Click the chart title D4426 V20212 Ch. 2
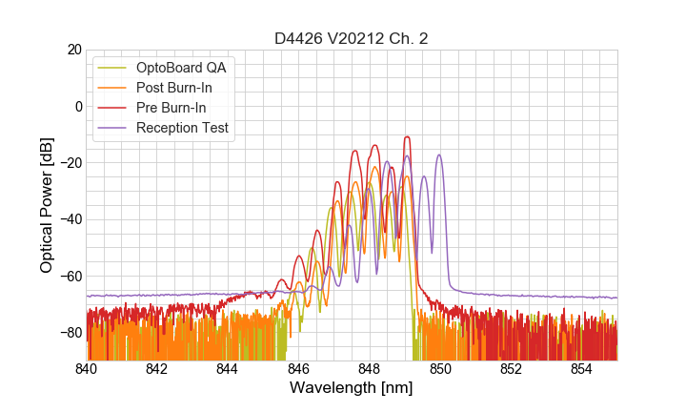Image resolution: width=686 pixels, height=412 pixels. [351, 38]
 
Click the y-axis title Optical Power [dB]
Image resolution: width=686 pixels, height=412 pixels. [47, 204]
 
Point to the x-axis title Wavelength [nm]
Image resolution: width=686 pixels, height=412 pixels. [351, 389]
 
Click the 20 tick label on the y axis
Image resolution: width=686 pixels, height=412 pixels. [73, 50]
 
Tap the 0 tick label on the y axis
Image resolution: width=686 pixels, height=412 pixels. [77, 106]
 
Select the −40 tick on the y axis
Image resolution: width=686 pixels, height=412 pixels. [70, 219]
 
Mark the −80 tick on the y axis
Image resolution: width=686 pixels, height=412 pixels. [70, 332]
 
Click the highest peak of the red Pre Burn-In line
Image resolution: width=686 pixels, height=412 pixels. [407, 137]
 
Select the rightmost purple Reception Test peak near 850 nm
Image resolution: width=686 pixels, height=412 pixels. [439, 155]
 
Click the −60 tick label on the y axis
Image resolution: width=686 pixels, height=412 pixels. [70, 276]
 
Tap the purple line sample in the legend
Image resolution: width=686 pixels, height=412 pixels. [114, 128]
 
